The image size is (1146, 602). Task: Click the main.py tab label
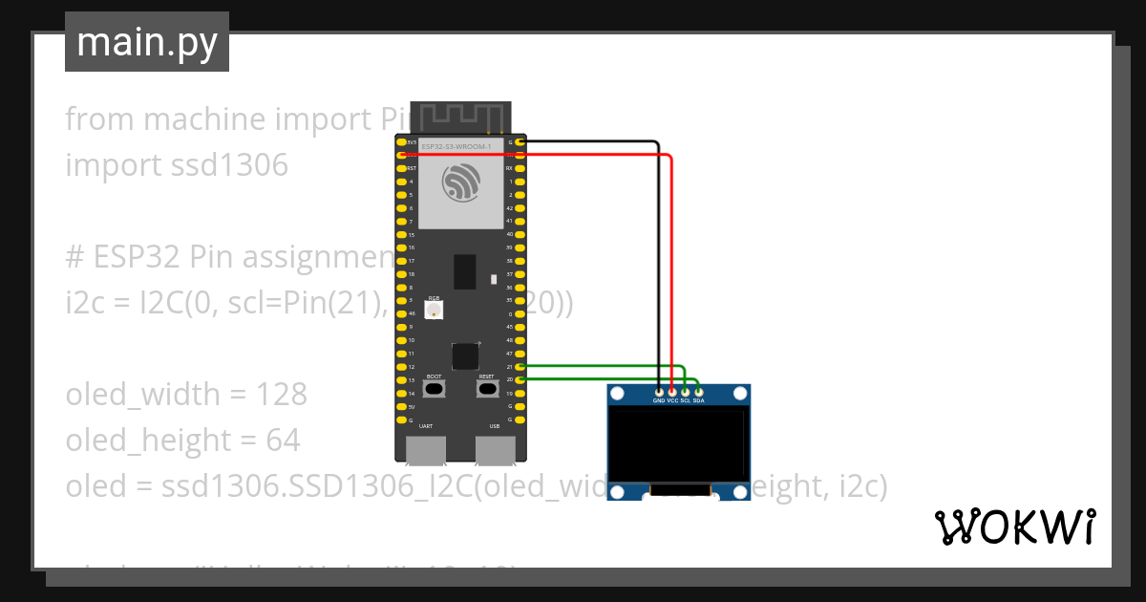tap(146, 42)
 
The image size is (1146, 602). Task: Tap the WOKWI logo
tap(1014, 527)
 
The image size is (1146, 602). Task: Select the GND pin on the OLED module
tap(659, 392)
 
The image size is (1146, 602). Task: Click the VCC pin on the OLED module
tap(672, 392)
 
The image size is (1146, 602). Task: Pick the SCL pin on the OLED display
tap(686, 392)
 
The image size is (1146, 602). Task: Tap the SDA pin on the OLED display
tap(699, 392)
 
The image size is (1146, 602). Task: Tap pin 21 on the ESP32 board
tap(520, 367)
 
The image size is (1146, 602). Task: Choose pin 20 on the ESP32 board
tap(520, 380)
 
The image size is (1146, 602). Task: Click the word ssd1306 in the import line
tap(229, 165)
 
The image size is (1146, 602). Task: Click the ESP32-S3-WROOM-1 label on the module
tap(456, 146)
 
